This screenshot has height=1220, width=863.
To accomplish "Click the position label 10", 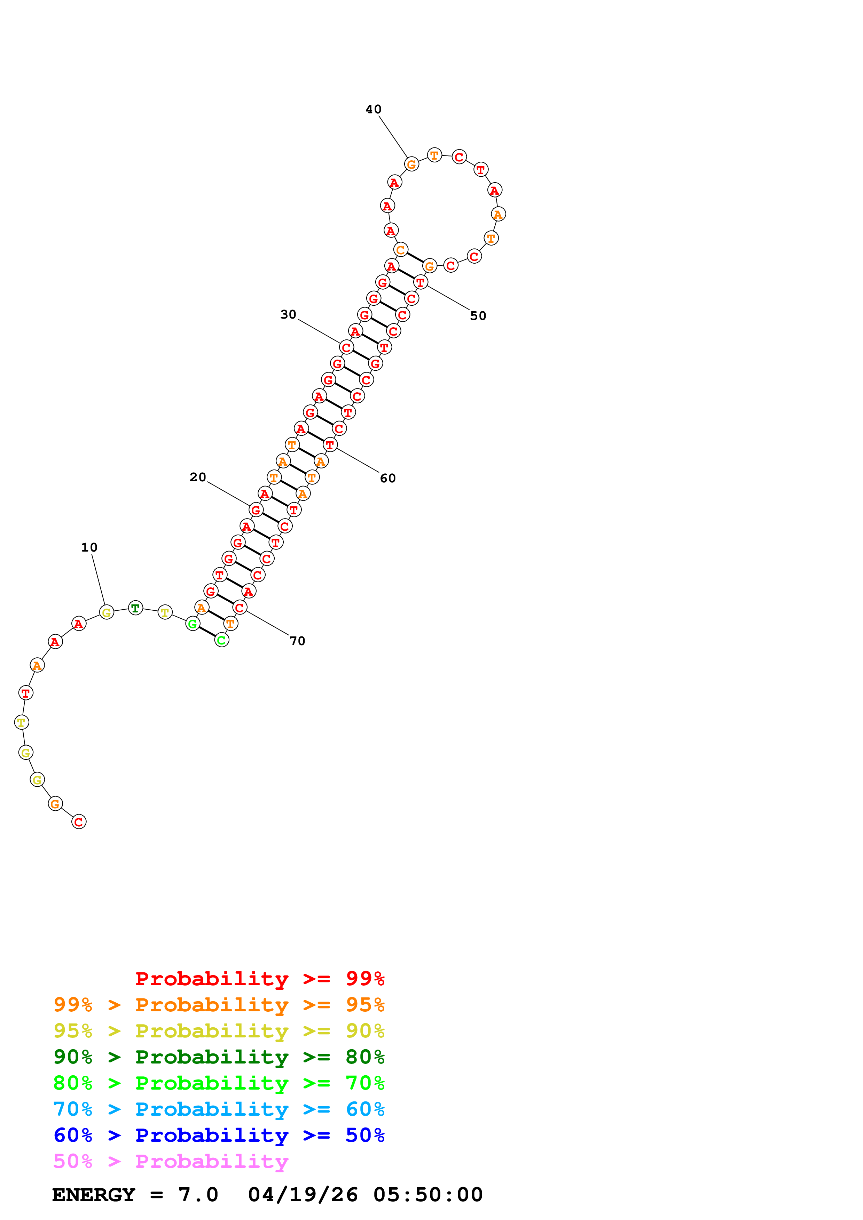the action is [x=89, y=547].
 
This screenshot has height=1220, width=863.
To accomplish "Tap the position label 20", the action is [x=198, y=477].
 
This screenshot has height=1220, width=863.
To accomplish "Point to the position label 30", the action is [x=288, y=315].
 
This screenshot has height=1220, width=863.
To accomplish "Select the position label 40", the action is [x=373, y=110].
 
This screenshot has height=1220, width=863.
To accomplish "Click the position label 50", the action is [x=478, y=316].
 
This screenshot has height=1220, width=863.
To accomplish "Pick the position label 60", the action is [x=387, y=478].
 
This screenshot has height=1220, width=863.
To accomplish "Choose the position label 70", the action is [x=297, y=641].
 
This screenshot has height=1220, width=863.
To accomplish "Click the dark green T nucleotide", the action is [x=135, y=608].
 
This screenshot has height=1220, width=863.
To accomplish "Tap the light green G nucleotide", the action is [x=193, y=624].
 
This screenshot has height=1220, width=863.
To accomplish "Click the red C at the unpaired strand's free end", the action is [x=79, y=822].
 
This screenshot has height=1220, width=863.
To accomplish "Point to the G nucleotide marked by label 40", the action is [x=411, y=165].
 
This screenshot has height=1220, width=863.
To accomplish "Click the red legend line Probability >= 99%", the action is [x=259, y=978].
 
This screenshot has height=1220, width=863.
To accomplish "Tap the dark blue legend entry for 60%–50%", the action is [x=219, y=1135].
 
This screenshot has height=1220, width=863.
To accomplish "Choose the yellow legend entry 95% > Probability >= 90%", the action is [x=219, y=1031].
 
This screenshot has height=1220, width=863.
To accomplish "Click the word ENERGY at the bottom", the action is [x=94, y=1195].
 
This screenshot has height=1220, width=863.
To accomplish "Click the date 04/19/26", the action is [x=303, y=1195].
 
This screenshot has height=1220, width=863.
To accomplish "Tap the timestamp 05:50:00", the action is [x=428, y=1195].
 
